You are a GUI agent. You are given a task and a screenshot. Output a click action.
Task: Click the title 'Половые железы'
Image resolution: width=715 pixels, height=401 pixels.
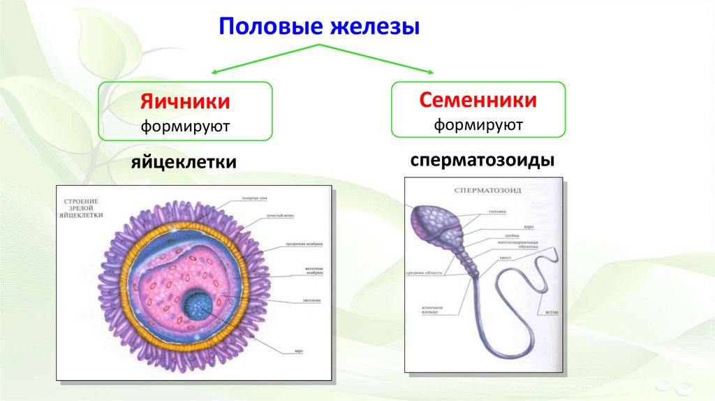(319, 29)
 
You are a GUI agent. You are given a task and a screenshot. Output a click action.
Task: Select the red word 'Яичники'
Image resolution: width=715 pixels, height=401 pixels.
(185, 102)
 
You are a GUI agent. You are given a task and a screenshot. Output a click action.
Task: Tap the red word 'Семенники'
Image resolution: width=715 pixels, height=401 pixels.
(478, 100)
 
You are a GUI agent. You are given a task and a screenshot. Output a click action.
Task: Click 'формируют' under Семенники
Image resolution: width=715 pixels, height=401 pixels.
(478, 125)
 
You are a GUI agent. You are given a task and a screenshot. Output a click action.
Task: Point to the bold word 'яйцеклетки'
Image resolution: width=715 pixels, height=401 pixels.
(184, 162)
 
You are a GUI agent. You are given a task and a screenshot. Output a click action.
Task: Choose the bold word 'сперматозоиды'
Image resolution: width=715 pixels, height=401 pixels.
(482, 160)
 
